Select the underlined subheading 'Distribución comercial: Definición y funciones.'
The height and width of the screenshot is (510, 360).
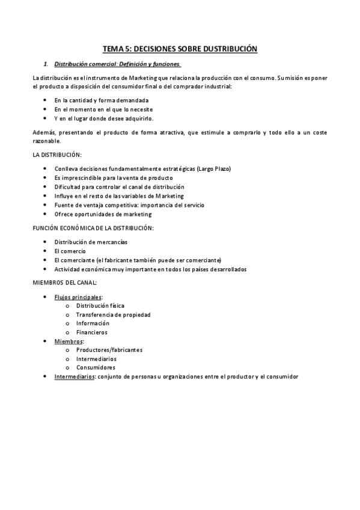tap(117, 64)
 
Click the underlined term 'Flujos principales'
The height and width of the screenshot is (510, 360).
tap(78, 297)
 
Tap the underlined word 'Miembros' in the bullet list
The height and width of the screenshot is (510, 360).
tap(69, 341)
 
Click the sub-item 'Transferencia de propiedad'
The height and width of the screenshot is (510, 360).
tap(113, 315)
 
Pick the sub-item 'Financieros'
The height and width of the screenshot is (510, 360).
tap(92, 332)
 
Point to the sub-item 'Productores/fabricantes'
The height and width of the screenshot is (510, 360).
tap(109, 350)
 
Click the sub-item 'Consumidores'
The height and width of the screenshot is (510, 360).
tap(96, 367)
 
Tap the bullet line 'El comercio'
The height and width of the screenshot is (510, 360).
tap(70, 251)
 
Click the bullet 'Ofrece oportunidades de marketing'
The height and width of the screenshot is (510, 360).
tap(103, 214)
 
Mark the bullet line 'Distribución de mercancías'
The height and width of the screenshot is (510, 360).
tap(91, 242)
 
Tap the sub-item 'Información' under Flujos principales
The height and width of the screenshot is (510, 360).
tap(93, 323)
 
